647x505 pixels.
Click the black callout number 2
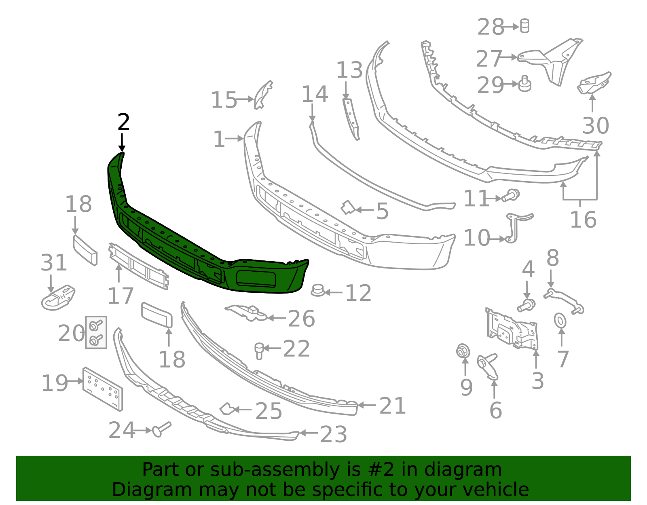pos(124,122)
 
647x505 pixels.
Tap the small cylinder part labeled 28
pos(524,26)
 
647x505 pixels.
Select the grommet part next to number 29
pos(524,84)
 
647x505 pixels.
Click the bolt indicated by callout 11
pos(511,196)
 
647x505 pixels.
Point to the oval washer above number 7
pos(560,321)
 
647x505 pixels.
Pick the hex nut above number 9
pos(463,351)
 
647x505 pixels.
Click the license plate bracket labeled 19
pos(102,389)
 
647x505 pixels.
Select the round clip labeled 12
pos(318,290)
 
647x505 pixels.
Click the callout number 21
pos(392,406)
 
